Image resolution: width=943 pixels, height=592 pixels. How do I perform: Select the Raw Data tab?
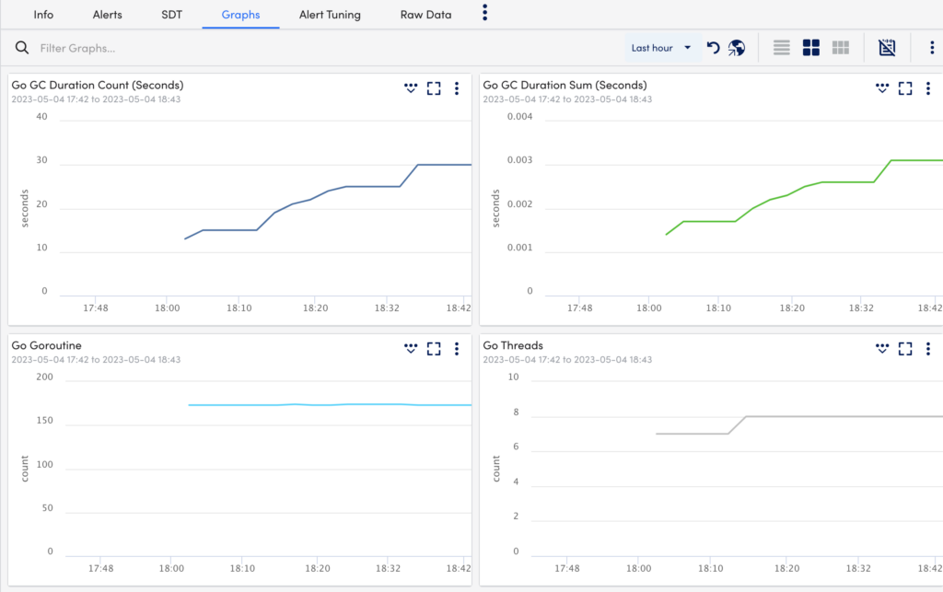(x=425, y=15)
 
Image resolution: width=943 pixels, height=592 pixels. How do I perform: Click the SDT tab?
(x=171, y=15)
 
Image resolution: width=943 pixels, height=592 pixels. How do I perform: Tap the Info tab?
(x=43, y=15)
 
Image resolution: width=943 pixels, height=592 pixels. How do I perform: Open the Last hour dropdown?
(x=661, y=48)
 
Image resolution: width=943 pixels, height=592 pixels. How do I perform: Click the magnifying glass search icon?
(x=23, y=48)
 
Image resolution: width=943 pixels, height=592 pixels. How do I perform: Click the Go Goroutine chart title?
(x=46, y=345)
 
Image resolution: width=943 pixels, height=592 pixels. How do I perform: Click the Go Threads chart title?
(x=513, y=345)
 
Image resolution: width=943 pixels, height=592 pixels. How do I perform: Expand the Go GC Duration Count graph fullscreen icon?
(x=434, y=88)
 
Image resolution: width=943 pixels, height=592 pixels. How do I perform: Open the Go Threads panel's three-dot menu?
(x=927, y=349)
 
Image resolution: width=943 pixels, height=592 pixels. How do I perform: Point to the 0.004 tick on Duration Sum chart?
(x=517, y=116)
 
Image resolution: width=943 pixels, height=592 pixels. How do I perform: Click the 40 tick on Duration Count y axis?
(x=41, y=116)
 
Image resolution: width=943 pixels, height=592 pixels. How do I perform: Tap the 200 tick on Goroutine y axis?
(x=44, y=377)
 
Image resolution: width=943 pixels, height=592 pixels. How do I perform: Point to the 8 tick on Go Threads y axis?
(x=516, y=412)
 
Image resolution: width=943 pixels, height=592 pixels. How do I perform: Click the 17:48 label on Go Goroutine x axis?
(x=102, y=569)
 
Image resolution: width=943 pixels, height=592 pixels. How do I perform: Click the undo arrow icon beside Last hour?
(x=713, y=48)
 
